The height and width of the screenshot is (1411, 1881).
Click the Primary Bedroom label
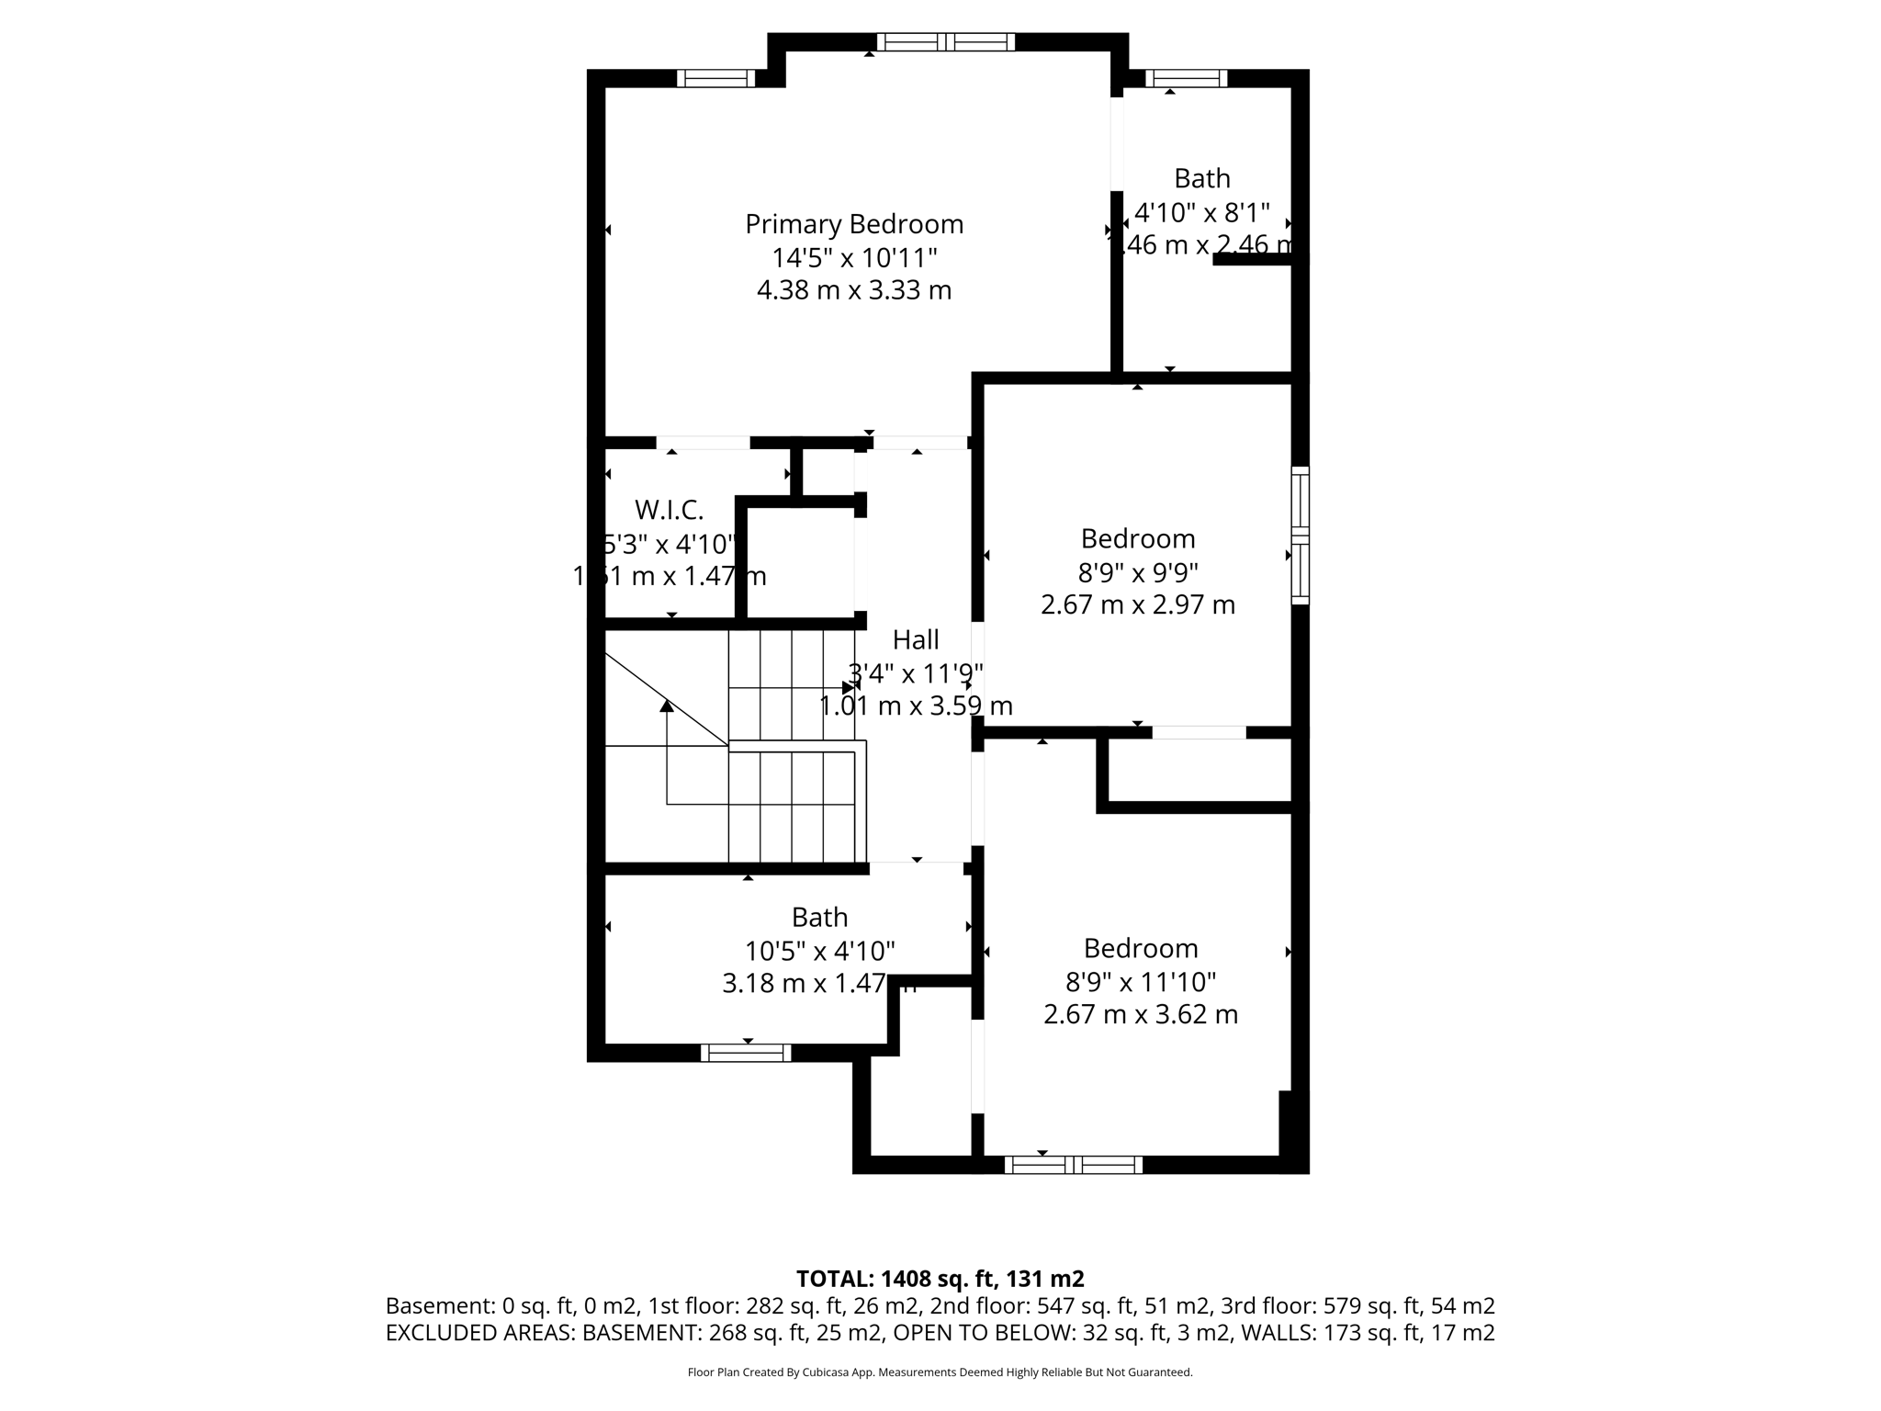point(853,224)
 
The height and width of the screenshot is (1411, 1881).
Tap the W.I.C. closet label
point(669,509)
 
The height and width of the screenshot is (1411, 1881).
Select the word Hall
point(916,639)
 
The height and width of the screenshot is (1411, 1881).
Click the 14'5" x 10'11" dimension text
point(853,257)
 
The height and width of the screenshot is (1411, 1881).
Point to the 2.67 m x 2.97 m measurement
point(1137,604)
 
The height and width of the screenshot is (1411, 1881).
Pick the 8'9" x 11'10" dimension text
point(1140,982)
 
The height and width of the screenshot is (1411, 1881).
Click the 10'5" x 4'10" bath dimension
point(819,951)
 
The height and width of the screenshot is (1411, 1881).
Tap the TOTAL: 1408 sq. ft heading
point(940,1279)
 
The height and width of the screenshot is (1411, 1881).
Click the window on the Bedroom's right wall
point(1300,535)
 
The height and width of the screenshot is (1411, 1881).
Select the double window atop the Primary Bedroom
point(945,41)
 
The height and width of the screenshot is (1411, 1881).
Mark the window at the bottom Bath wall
point(746,1053)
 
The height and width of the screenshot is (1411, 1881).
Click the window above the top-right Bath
point(1186,78)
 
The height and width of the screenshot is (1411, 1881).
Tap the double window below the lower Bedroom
point(1073,1165)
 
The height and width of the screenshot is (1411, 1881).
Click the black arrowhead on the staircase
point(667,705)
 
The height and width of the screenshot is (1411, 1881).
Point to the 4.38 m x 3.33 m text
point(853,290)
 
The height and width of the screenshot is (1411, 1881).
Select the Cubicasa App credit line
point(940,1372)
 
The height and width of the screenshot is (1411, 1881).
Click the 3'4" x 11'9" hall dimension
point(916,673)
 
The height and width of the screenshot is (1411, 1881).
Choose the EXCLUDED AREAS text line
point(940,1333)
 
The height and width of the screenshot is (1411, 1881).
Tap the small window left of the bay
point(715,78)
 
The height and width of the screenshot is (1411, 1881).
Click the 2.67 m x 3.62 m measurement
point(1140,1015)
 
